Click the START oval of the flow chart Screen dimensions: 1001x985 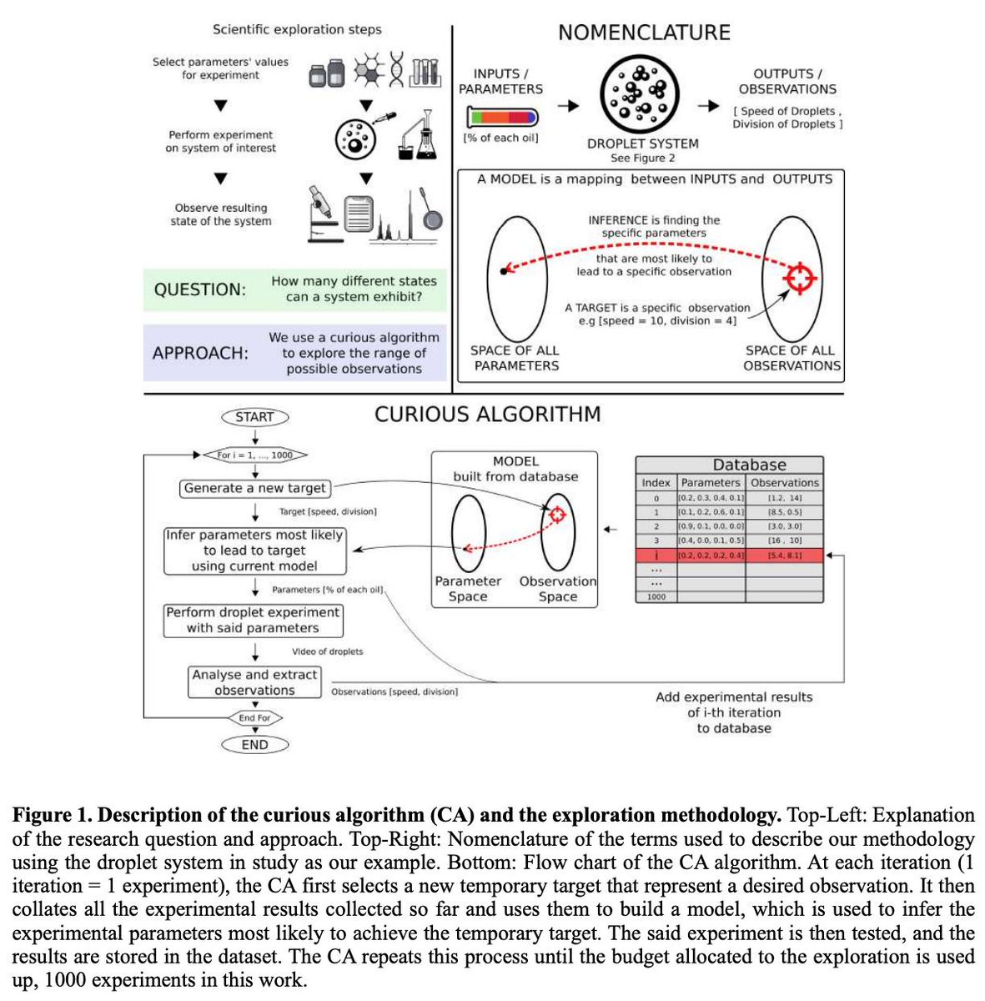[x=254, y=417]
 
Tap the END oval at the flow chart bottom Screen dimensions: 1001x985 [x=254, y=745]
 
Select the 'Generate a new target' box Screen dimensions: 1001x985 [x=255, y=489]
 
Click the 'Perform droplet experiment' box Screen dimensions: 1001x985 [x=253, y=620]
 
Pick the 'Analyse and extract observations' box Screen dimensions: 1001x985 [x=254, y=682]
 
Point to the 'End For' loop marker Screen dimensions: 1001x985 [x=254, y=717]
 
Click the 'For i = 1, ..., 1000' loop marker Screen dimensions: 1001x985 [x=254, y=455]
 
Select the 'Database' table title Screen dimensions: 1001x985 [x=749, y=465]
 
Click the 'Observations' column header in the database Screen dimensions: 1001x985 [x=785, y=482]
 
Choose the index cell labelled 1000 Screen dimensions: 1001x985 [x=656, y=597]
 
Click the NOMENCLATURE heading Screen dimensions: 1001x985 [x=644, y=33]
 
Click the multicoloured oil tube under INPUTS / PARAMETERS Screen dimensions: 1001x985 [x=501, y=116]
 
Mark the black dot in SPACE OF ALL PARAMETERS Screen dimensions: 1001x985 [x=503, y=271]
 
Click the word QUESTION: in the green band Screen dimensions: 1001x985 [x=200, y=290]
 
